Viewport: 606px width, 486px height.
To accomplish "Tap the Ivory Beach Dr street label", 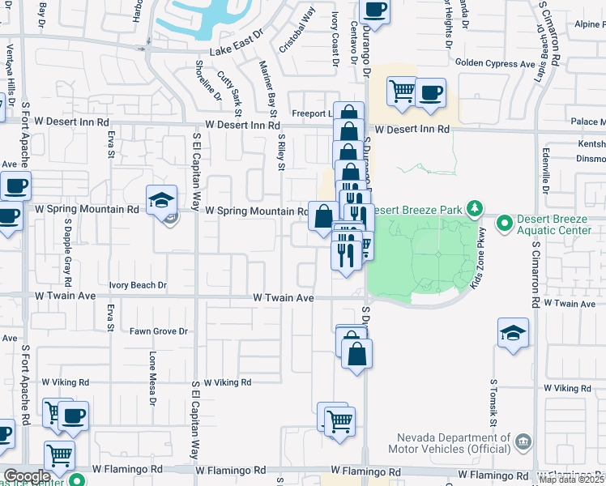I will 139,285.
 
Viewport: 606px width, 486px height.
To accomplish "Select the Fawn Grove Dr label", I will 159,331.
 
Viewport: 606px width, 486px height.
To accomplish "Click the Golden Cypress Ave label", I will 495,62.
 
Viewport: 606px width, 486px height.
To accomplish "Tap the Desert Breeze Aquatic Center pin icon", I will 504,221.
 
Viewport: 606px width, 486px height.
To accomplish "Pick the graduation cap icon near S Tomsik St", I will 512,332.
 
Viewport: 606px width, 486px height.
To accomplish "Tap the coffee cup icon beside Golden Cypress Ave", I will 431,92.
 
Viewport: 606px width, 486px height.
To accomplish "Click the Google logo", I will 27,476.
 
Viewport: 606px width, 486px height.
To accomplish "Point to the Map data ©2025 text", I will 572,480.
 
